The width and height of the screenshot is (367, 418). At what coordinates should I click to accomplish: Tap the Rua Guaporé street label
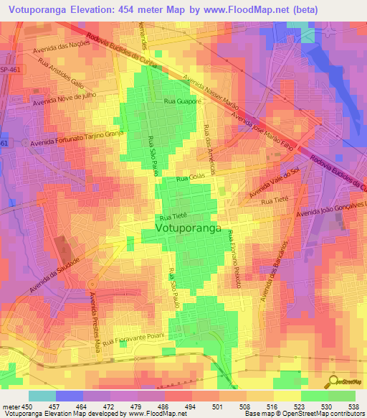(x=182, y=103)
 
